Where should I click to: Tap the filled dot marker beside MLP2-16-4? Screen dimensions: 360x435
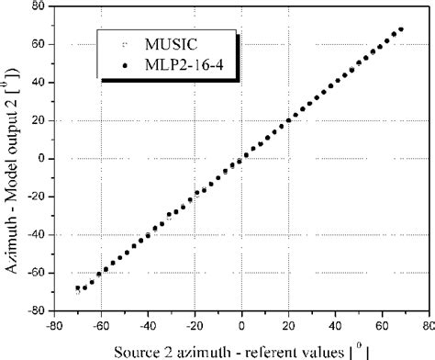(x=124, y=65)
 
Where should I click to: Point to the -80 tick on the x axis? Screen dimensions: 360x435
(x=55, y=323)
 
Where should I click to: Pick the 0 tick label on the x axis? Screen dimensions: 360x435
(x=242, y=323)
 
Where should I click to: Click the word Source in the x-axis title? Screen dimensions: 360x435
(x=137, y=350)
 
